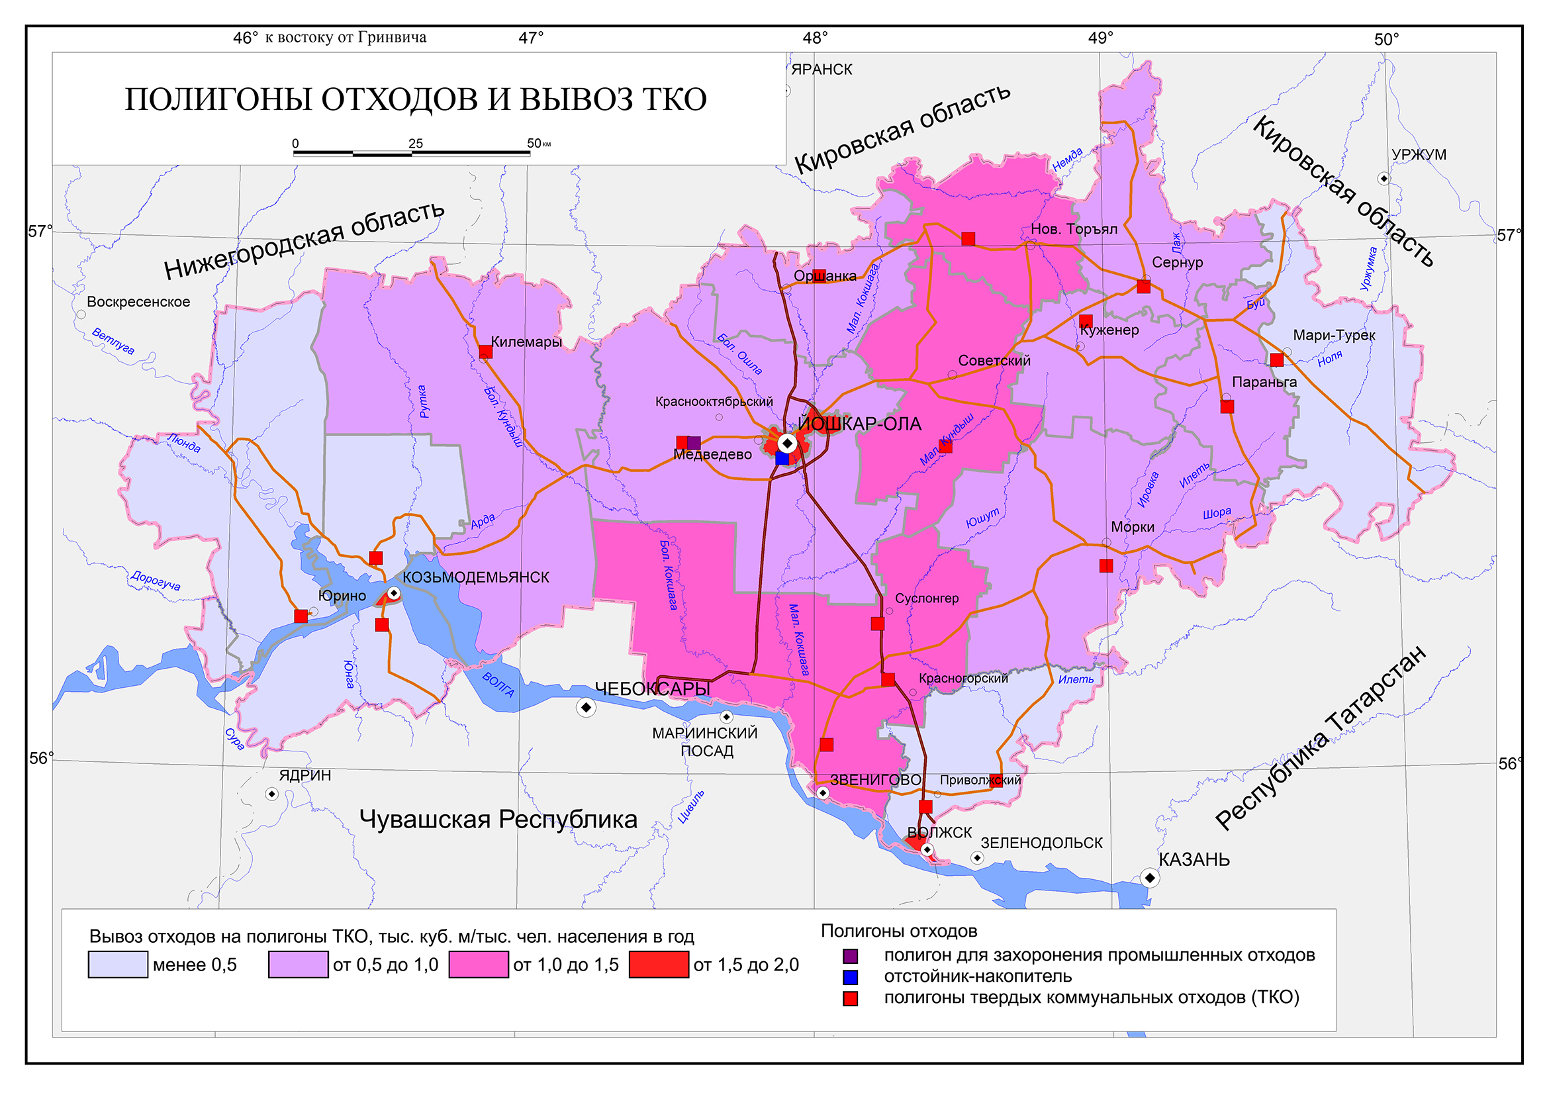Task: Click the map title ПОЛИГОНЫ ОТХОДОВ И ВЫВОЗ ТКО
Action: [416, 100]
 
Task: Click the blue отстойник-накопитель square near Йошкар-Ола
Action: [782, 459]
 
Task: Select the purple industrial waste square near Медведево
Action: [694, 444]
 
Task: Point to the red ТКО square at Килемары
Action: [485, 352]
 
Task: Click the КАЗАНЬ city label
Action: [1194, 859]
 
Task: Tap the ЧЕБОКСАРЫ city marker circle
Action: [586, 707]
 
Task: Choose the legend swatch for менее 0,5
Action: [118, 964]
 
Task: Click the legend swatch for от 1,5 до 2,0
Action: [659, 964]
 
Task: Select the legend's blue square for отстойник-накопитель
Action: [850, 976]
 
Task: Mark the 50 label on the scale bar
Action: [534, 143]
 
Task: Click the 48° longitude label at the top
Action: [814, 38]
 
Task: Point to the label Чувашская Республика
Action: [498, 819]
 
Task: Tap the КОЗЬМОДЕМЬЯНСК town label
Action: [476, 577]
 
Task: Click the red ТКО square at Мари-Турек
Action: [1276, 359]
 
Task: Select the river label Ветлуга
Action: [113, 341]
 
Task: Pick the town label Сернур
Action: [1177, 262]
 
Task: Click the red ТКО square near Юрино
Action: [301, 616]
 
